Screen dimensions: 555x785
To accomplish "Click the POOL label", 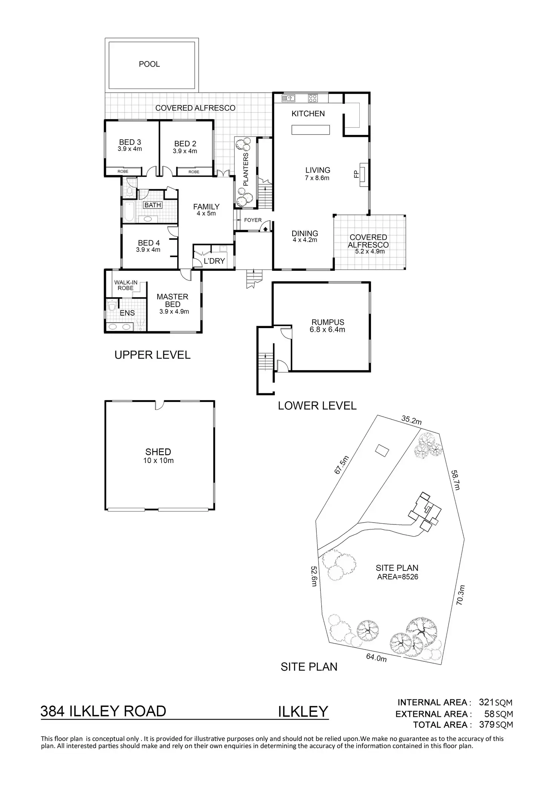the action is coord(149,64).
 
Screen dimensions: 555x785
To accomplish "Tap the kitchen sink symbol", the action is coord(289,98).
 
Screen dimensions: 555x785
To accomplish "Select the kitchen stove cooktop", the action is coord(313,98).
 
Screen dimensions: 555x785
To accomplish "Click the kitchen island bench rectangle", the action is coord(311,130).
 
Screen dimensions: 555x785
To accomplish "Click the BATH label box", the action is coord(153,205).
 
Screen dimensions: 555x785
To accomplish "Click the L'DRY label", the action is coord(214,261).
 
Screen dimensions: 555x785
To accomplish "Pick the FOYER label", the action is coord(253,220).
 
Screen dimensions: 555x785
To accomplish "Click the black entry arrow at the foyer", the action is coord(265,228).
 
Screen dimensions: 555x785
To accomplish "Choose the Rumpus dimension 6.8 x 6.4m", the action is coord(328,330).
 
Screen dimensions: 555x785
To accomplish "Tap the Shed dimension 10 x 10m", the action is coord(158,460).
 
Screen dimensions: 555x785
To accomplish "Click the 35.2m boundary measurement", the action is coord(411,420).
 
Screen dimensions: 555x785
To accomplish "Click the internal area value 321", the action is coord(486,702).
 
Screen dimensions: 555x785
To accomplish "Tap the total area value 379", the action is coord(486,724).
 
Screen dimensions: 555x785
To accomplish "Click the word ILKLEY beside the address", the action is coord(303,712).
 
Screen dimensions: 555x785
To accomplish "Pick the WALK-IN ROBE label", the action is coord(126,285).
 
